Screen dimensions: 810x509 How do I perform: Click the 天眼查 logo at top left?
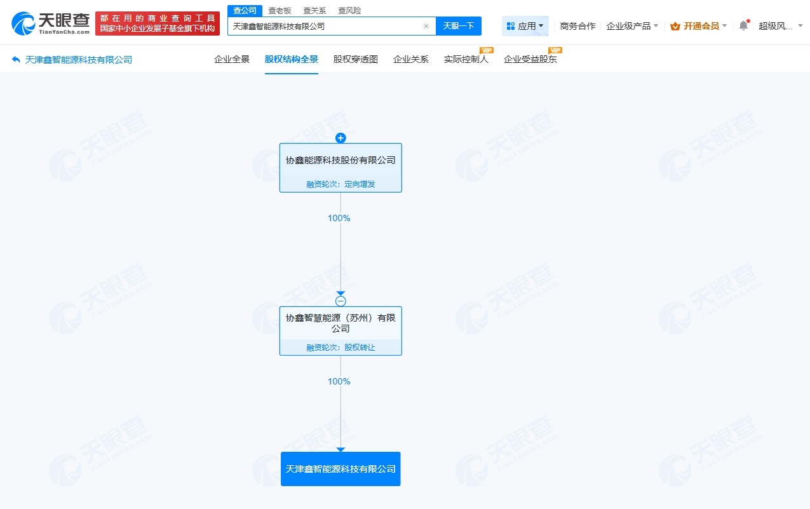tap(51, 24)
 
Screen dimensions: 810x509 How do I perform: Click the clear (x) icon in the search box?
tap(426, 26)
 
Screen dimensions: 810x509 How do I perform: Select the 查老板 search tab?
tap(280, 10)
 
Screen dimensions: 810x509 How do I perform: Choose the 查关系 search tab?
tap(314, 10)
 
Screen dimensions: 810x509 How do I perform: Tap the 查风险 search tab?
tap(349, 10)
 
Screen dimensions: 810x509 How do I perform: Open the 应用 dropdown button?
tap(525, 26)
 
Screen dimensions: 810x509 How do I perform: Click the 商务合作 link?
tap(577, 26)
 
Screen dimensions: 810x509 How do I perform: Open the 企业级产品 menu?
tap(632, 26)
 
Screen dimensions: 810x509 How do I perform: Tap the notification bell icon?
tap(743, 26)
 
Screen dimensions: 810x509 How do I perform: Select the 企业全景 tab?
tap(232, 59)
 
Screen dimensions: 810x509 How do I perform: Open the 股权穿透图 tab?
tap(356, 59)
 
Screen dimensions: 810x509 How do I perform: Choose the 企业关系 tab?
tap(411, 59)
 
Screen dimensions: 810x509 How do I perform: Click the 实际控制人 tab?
tap(466, 59)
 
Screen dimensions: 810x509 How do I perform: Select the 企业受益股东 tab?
tap(530, 59)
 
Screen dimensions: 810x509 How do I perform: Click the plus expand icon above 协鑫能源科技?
tap(341, 138)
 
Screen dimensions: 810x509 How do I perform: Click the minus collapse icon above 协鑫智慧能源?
tap(341, 301)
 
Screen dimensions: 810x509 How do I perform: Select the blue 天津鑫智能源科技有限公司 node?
tap(341, 469)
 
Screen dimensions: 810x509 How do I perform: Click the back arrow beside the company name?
tap(16, 60)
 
